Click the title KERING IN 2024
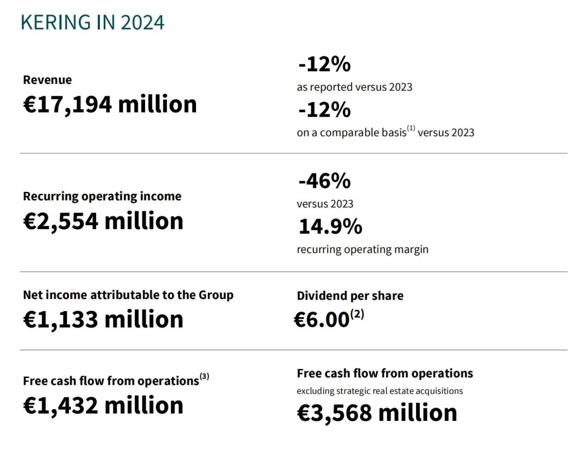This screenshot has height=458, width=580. coord(92,23)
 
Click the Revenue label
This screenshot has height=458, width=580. coord(47,80)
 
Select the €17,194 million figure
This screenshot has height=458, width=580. coord(110,104)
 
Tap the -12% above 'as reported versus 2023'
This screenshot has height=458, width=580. coord(324,65)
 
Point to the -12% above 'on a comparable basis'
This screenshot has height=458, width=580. coord(324,110)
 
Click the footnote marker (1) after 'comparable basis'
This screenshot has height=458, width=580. coord(411,129)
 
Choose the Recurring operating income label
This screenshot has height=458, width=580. coord(102,196)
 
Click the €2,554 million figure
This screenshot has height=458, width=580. coord(103,221)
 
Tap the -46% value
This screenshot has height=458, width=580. coord(324,181)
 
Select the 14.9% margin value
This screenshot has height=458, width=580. coord(330,227)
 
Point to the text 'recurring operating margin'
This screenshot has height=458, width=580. coord(363,249)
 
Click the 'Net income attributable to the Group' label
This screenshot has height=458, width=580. coord(128,295)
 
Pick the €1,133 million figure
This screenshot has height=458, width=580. coord(103,319)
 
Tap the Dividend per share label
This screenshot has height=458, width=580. coord(350,296)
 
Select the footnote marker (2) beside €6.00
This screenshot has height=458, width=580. coord(357,315)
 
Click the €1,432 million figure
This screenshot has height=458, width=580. coord(103,405)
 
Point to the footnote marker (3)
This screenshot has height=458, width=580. coord(204,377)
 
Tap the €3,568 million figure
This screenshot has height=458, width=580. coord(377,413)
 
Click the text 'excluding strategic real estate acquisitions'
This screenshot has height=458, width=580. coord(380,391)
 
